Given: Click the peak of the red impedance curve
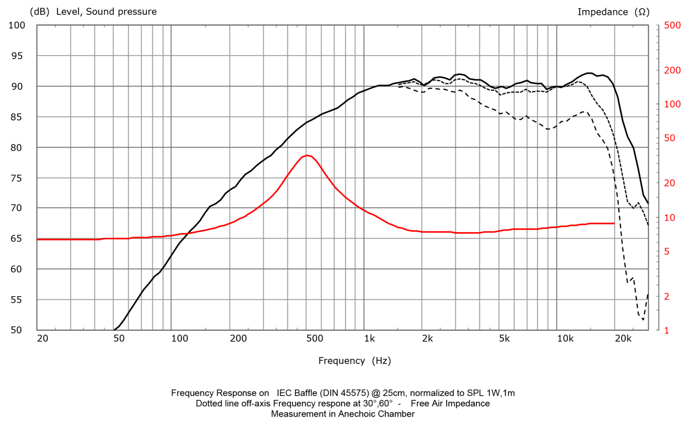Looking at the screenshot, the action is (x=306, y=155).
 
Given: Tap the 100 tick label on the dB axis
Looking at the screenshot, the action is (x=17, y=25).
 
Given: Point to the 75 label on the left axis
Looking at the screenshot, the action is (x=17, y=178).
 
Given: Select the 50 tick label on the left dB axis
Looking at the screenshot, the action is (x=17, y=330).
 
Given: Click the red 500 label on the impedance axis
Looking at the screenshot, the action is (x=672, y=25).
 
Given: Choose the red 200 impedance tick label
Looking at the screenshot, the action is (x=672, y=70).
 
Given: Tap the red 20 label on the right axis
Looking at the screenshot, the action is (x=670, y=183).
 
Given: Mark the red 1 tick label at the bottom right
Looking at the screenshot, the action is (x=667, y=330).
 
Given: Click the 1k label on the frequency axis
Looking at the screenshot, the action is (x=370, y=339).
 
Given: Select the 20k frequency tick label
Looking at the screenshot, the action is (x=623, y=339).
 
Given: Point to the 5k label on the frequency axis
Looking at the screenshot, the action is (x=504, y=339).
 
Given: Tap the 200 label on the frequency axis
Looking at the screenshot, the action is (x=238, y=339).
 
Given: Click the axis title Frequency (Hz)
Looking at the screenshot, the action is (x=355, y=361).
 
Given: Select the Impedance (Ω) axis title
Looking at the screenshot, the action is (x=614, y=12).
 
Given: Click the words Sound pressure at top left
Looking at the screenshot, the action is (x=121, y=12).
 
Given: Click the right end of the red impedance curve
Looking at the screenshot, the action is (x=614, y=223).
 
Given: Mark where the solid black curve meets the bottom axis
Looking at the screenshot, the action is (x=114, y=330).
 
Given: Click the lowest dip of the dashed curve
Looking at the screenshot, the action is (x=643, y=320).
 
